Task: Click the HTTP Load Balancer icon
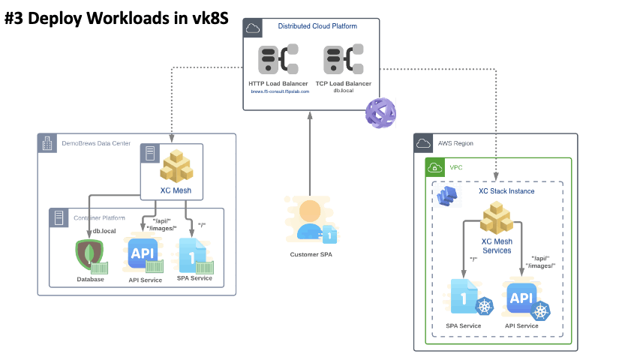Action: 279,60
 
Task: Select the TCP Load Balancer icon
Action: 344,60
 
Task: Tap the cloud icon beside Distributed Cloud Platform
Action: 253,28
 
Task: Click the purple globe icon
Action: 380,112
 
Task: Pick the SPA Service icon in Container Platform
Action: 194,255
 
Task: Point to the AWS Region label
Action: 455,143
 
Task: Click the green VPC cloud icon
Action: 435,167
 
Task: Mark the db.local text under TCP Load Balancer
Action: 344,91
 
